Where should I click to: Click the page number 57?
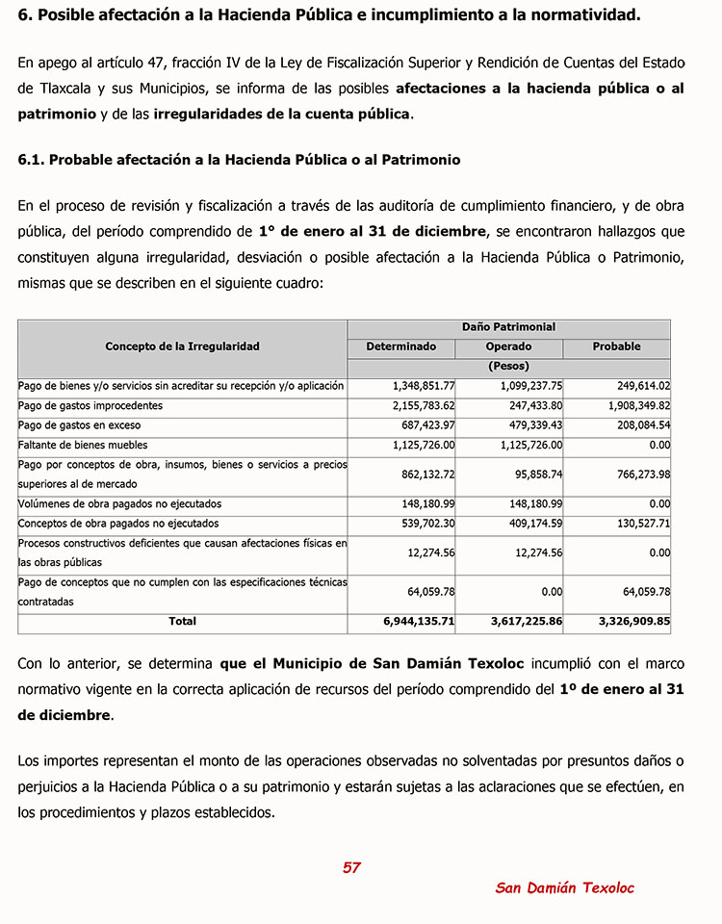tap(351, 868)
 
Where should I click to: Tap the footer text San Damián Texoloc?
tap(564, 888)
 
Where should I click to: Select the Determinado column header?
tap(400, 346)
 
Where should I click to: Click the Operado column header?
tap(508, 346)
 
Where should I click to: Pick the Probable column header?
tap(616, 346)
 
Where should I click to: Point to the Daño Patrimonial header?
tap(508, 327)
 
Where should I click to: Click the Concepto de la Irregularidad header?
tap(182, 346)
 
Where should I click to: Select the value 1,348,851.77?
tap(424, 386)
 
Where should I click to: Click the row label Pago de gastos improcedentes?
tap(90, 406)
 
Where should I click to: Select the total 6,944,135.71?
tap(419, 622)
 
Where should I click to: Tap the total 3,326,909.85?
tap(634, 622)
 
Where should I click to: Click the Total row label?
tap(182, 622)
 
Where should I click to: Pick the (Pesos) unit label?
tap(508, 366)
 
